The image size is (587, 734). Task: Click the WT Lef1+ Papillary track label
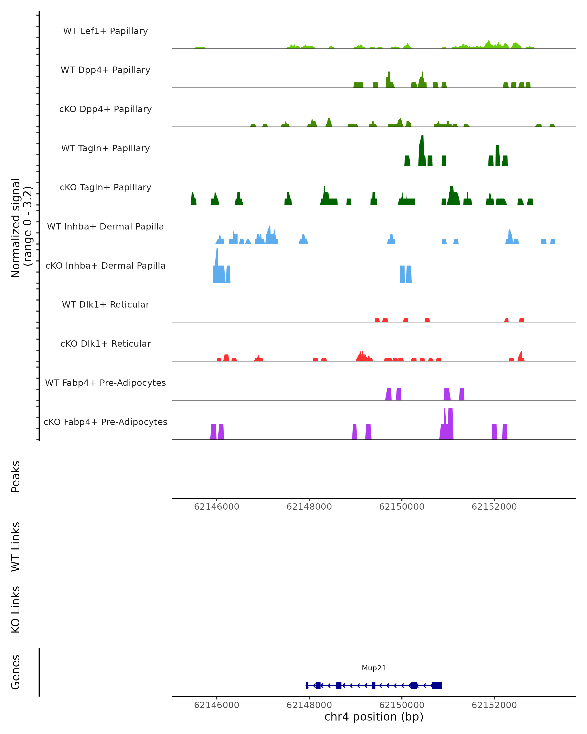click(105, 31)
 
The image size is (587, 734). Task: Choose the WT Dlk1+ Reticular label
click(105, 304)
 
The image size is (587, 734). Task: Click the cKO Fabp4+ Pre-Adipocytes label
click(105, 422)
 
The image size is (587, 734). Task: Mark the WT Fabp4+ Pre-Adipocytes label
click(105, 383)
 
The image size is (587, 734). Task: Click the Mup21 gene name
click(374, 668)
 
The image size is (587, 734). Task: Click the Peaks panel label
click(16, 476)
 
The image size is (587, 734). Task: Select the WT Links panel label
click(16, 546)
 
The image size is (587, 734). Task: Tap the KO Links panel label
click(16, 609)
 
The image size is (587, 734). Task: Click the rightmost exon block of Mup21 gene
click(437, 685)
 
